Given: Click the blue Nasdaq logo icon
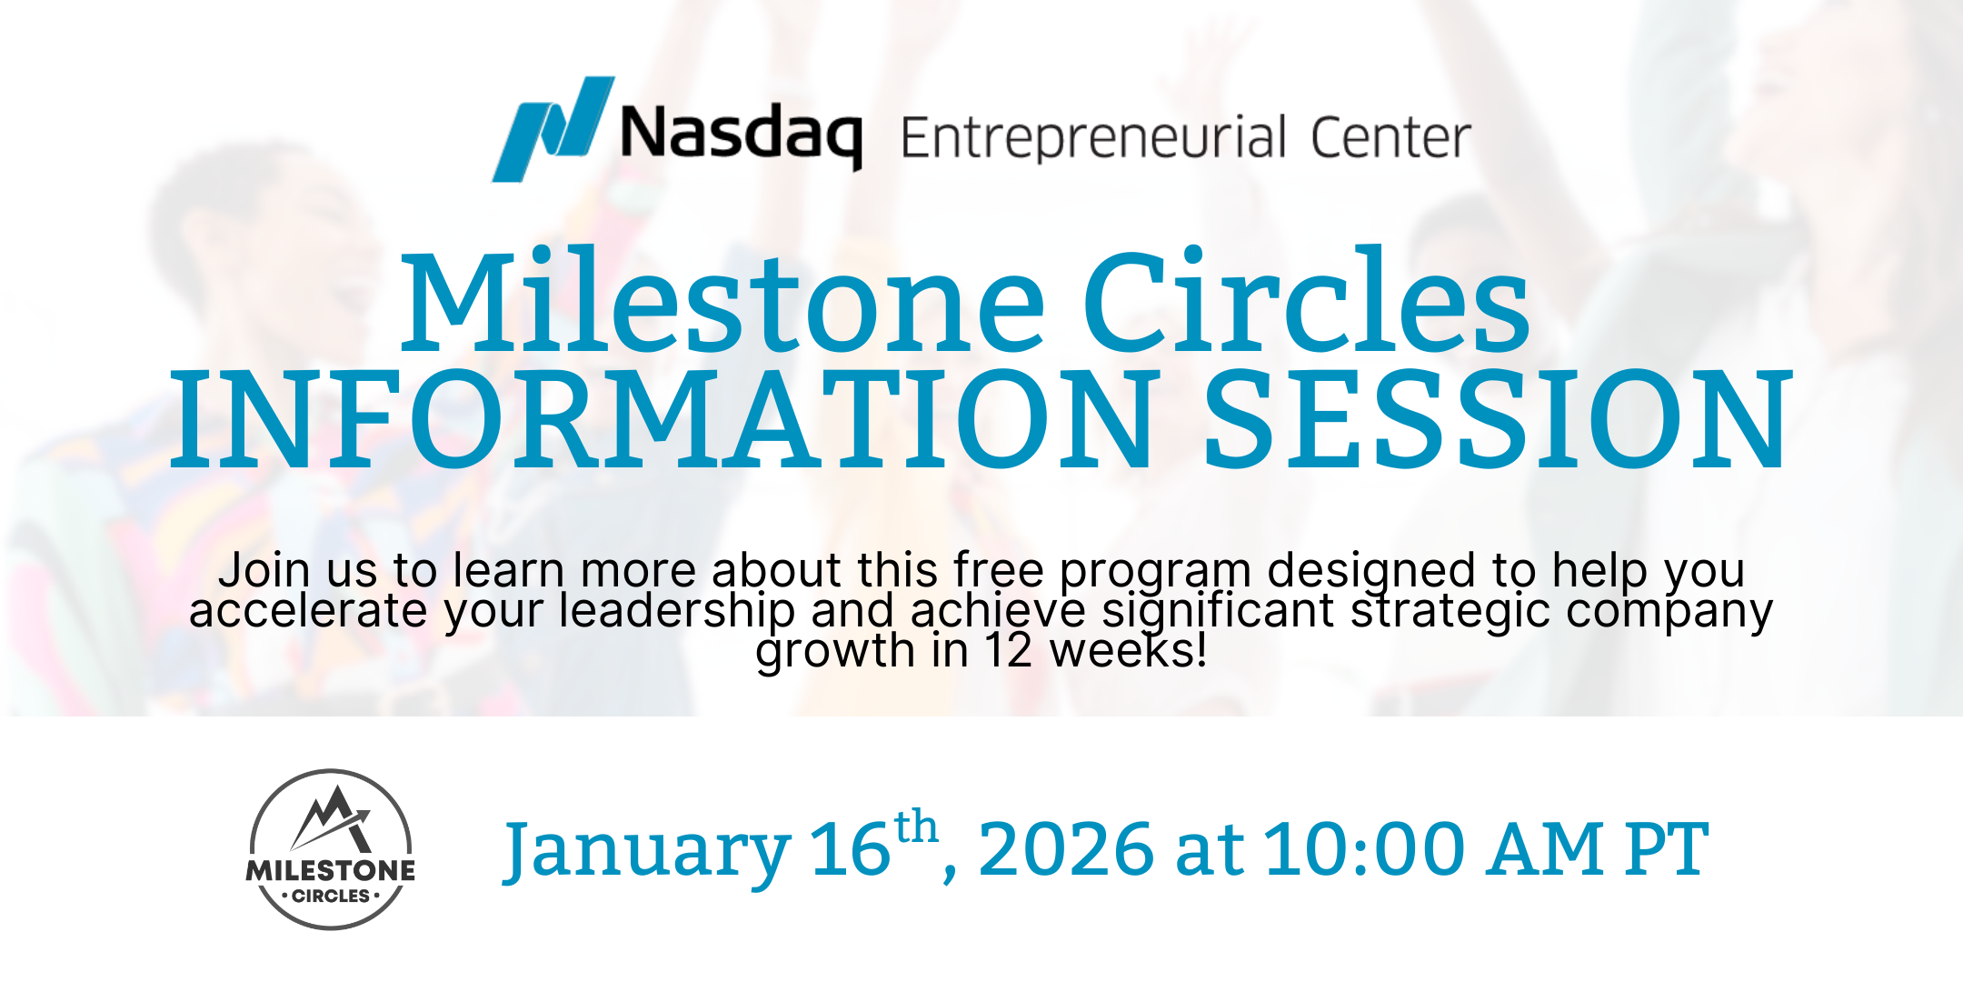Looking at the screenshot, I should (x=552, y=129).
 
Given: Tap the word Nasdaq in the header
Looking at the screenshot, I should (x=740, y=135).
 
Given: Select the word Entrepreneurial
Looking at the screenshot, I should (x=1093, y=138).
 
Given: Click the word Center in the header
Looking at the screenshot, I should (x=1390, y=138).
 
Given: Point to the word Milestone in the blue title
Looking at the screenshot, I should (x=722, y=302).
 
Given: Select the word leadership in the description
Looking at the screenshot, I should (x=677, y=611).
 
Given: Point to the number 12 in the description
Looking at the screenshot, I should (x=1009, y=651).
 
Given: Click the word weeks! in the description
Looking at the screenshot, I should (x=1128, y=651).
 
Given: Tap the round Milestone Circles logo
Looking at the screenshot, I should (x=331, y=849).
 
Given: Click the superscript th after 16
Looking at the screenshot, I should (x=916, y=827).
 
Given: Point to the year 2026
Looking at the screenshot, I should (x=1066, y=849).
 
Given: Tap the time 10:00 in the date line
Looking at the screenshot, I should (x=1364, y=849).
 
